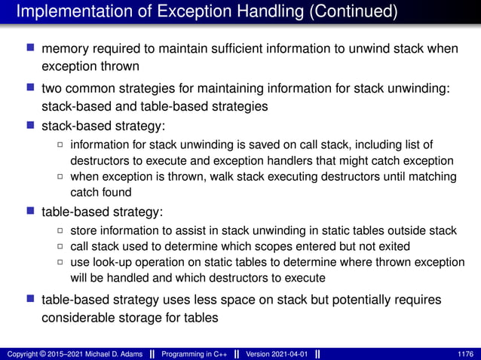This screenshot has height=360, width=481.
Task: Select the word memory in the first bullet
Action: click(66, 49)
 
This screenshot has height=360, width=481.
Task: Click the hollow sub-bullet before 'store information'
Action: click(61, 230)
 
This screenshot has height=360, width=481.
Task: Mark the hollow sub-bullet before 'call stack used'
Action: click(61, 246)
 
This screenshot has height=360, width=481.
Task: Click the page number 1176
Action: click(466, 353)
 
